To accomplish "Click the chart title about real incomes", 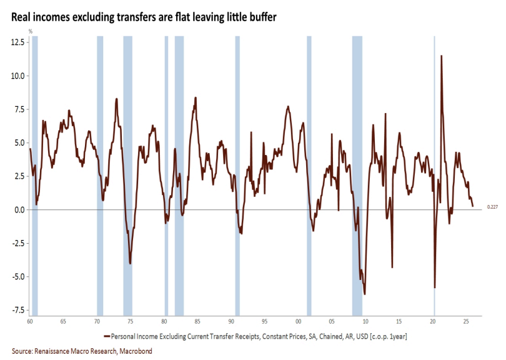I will tap(144, 18).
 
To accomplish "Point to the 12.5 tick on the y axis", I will tap(17, 42).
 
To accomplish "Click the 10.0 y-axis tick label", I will tap(17, 76).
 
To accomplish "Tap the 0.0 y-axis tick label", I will tap(19, 209).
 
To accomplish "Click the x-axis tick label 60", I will tap(30, 321).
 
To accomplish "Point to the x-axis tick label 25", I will tap(467, 321).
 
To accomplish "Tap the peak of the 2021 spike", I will tap(442, 56).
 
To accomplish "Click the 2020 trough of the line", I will tap(435, 287).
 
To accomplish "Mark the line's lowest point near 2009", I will tap(364, 294).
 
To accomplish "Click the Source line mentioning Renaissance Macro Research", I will tap(82, 351).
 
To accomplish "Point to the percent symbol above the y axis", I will tap(29, 31).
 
